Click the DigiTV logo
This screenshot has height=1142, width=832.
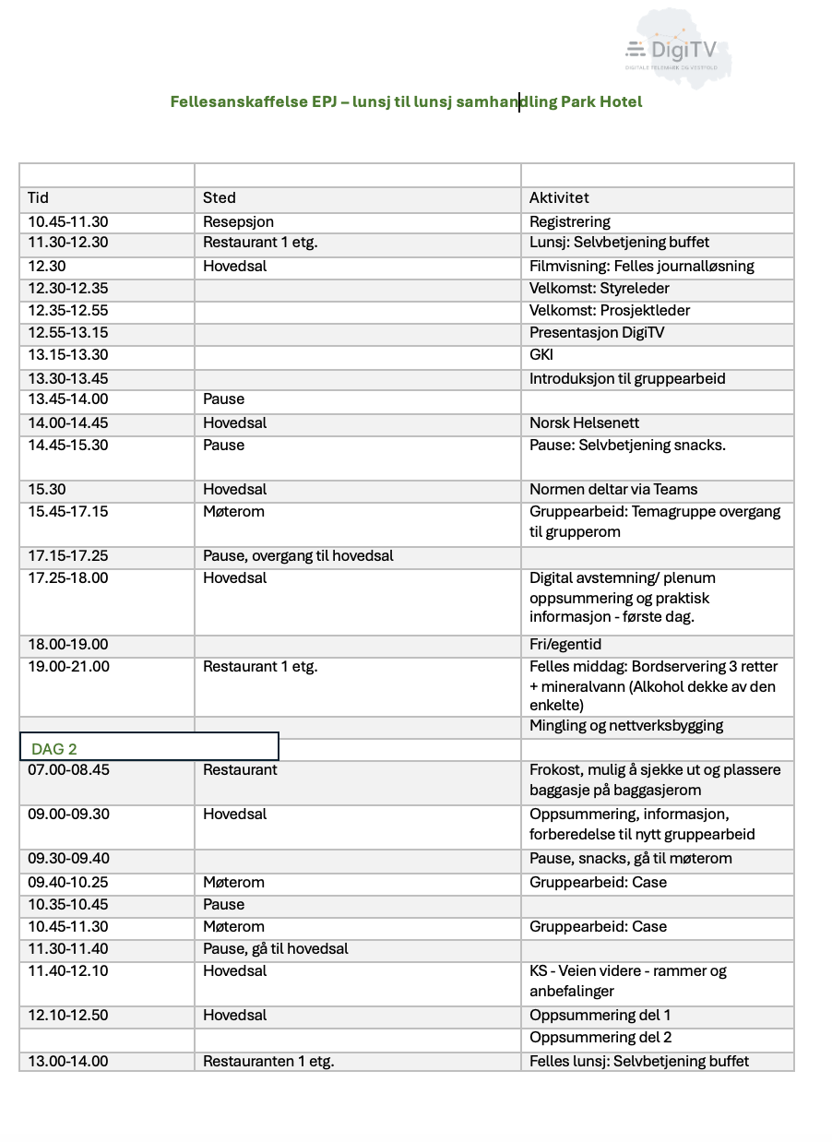671,50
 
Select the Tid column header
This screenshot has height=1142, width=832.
39,197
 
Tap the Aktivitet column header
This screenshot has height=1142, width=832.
559,197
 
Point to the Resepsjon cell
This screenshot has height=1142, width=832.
238,221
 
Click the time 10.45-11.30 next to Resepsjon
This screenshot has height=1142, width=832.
67,221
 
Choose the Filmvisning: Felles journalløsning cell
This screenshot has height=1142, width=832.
641,266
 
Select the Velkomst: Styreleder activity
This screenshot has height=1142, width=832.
599,288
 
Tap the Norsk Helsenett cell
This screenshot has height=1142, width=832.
584,422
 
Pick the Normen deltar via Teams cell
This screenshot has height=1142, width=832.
613,489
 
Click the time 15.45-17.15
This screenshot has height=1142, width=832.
67,511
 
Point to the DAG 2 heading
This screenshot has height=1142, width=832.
54,748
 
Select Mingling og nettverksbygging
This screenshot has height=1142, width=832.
625,725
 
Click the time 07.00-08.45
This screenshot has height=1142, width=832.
67,769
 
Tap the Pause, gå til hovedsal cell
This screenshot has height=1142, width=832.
276,948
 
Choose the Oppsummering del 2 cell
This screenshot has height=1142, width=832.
600,1037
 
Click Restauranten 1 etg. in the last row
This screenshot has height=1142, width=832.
268,1061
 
